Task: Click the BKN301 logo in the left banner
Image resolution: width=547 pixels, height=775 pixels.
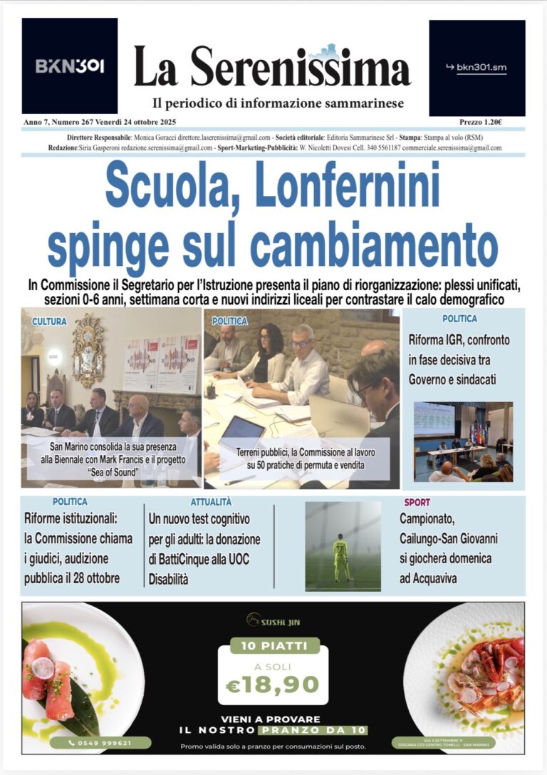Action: [70, 66]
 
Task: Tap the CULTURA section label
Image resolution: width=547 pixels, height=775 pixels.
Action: [49, 322]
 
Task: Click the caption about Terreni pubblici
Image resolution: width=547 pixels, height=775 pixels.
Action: [306, 458]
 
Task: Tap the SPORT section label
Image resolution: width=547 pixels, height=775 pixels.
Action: [417, 502]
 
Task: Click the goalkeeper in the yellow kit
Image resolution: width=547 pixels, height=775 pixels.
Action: [342, 556]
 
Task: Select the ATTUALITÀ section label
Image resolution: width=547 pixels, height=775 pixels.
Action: [211, 502]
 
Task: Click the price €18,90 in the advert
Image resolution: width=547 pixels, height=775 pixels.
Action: [273, 684]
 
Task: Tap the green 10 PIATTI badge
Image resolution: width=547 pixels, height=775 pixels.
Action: [273, 646]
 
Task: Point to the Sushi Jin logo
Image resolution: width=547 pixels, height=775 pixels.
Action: [273, 621]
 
